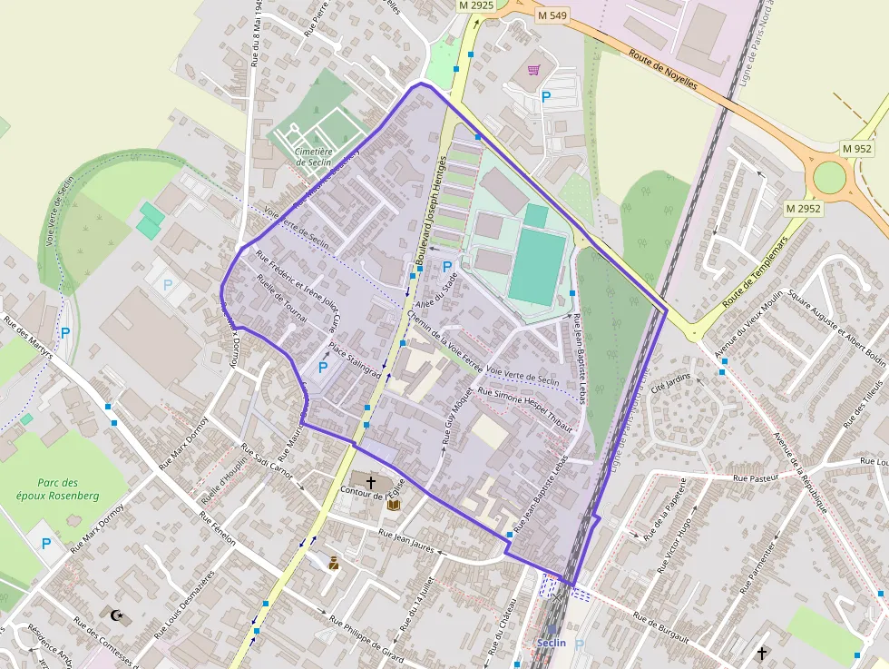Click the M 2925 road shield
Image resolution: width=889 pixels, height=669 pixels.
pos(475,5)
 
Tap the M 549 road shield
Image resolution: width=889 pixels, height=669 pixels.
pos(552,15)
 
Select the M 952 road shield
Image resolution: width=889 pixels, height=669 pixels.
pos(856,148)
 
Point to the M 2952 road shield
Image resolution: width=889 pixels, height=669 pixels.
pos(803,209)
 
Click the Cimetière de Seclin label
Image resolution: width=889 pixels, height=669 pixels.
pos(315,157)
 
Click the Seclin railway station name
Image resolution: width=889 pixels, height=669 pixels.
pos(551,643)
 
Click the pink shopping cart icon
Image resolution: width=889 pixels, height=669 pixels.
pos(535,69)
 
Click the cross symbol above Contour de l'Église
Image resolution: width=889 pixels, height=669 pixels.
pos(371,477)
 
